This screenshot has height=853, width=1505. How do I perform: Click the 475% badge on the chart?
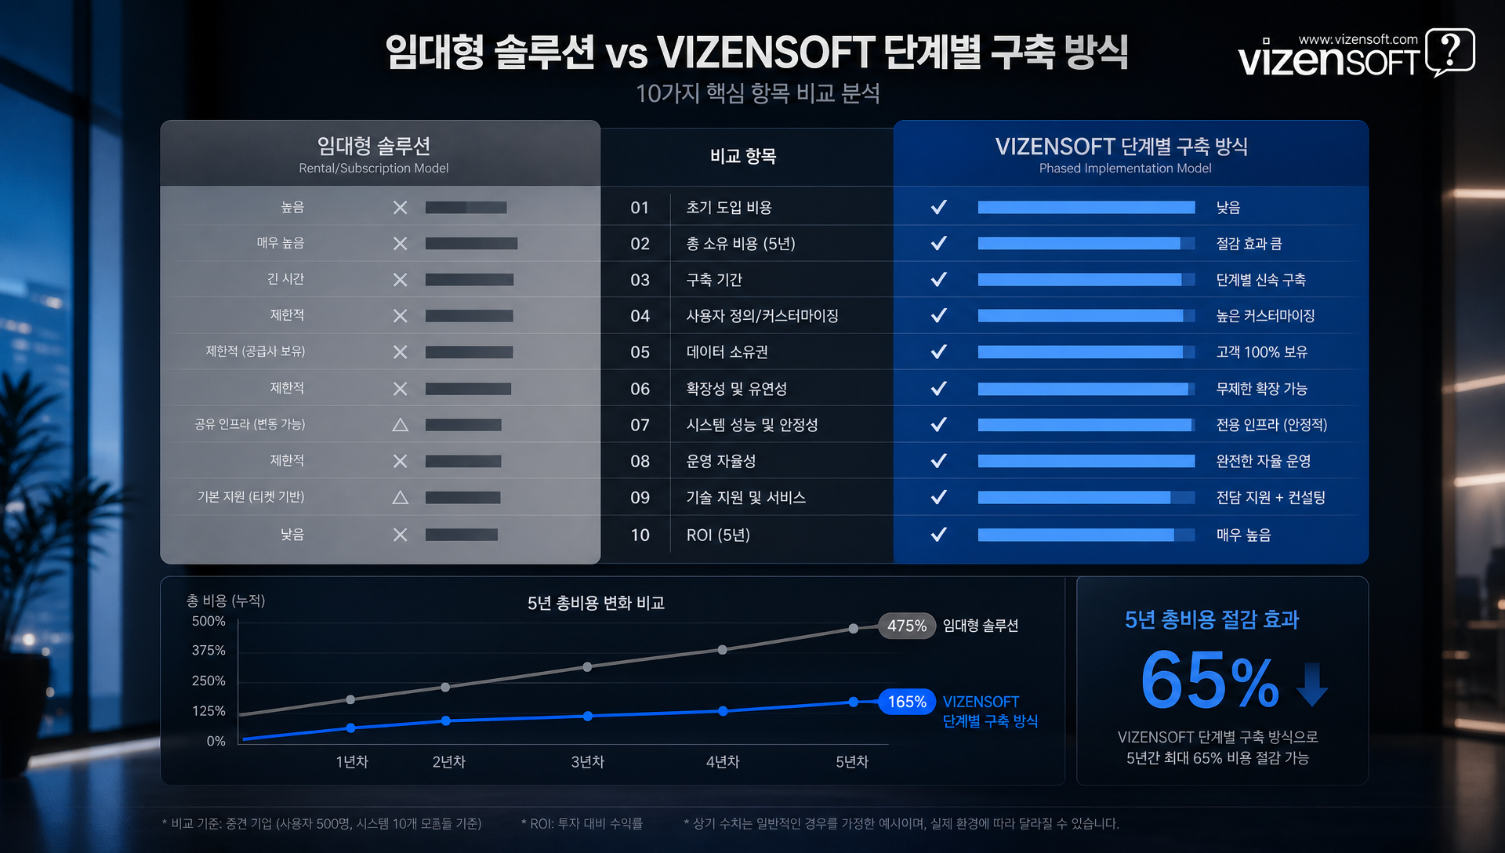tap(907, 626)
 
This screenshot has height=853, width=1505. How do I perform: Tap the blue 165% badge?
tap(907, 702)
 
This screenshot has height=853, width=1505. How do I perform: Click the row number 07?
tap(640, 425)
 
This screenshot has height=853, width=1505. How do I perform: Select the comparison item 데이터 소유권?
tap(727, 352)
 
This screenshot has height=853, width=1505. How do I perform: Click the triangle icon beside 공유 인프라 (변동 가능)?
tap(400, 425)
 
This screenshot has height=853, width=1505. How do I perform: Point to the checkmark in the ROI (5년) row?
tap(938, 535)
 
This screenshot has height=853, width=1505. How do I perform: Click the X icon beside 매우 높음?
tap(400, 244)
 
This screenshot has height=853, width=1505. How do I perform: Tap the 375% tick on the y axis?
tap(209, 651)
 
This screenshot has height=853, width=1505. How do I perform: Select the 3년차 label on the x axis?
tap(587, 762)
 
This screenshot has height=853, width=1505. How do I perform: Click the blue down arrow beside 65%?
tap(1311, 684)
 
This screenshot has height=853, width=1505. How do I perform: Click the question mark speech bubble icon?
tap(1449, 52)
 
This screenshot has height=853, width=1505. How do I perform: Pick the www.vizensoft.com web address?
tap(1358, 39)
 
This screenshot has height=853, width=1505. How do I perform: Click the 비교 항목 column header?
tap(743, 156)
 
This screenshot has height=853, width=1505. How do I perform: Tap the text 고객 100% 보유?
tap(1261, 352)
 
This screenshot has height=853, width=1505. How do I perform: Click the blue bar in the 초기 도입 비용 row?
tap(1086, 208)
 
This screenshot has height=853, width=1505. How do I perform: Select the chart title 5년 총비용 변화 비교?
tap(596, 603)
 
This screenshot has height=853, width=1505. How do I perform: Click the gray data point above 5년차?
tap(854, 628)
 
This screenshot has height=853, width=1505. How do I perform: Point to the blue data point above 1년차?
tap(350, 728)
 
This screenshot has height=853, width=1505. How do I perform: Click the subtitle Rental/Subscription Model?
tap(373, 169)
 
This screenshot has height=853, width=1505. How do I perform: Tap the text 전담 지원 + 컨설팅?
tap(1270, 498)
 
